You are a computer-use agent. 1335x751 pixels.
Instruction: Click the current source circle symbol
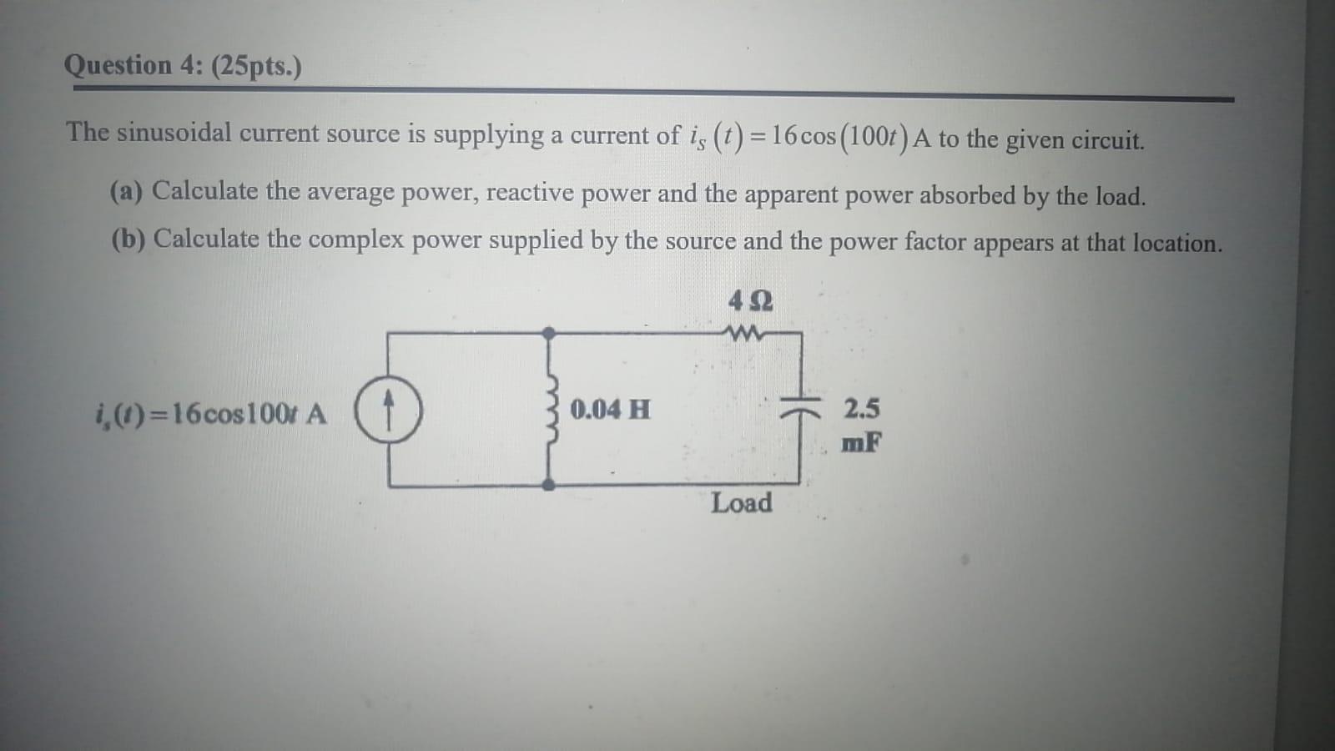(388, 410)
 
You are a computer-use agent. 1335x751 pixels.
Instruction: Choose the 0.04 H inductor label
(610, 410)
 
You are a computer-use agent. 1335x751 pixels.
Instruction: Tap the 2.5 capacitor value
(861, 409)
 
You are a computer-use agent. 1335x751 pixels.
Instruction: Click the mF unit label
(861, 442)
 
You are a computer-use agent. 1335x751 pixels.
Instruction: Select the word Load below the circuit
(741, 503)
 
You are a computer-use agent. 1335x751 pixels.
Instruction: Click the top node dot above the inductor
(549, 333)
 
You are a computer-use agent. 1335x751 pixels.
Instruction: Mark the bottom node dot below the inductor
(549, 485)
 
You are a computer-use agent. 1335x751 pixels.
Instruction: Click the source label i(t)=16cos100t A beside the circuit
(212, 413)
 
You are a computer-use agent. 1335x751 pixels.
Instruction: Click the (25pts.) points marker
(256, 67)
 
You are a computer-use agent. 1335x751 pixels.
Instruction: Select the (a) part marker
(127, 191)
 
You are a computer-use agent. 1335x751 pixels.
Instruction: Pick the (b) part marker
(128, 239)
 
